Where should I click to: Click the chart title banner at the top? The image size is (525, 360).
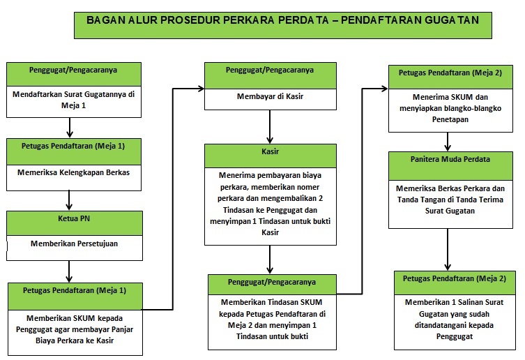click(283, 26)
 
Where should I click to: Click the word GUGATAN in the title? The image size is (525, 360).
click(452, 20)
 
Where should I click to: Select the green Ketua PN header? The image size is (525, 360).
click(75, 223)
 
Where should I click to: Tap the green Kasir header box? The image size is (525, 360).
click(271, 156)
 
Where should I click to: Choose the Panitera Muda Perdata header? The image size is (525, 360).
click(450, 166)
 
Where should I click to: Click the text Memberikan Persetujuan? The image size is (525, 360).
click(75, 243)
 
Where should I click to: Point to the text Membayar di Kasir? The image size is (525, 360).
click(271, 96)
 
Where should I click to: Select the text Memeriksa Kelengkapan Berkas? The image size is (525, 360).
click(74, 172)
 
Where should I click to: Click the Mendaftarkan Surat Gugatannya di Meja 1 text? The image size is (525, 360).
click(74, 100)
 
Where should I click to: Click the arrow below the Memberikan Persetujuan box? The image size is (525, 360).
click(69, 271)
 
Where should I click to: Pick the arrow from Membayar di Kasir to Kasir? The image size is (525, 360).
click(270, 127)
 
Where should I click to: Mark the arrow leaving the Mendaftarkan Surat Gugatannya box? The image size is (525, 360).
click(70, 128)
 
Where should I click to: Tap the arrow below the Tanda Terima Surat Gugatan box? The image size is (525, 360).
click(448, 250)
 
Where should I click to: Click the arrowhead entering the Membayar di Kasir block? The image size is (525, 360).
click(201, 89)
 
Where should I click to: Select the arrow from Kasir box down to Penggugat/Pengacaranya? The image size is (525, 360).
click(270, 260)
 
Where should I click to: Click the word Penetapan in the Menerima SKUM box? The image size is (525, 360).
click(450, 119)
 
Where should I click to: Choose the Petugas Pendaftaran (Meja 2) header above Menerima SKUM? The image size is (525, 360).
click(450, 77)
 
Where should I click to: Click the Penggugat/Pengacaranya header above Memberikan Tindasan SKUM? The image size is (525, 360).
click(272, 285)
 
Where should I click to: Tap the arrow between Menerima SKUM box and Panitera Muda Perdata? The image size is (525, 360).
click(448, 142)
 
